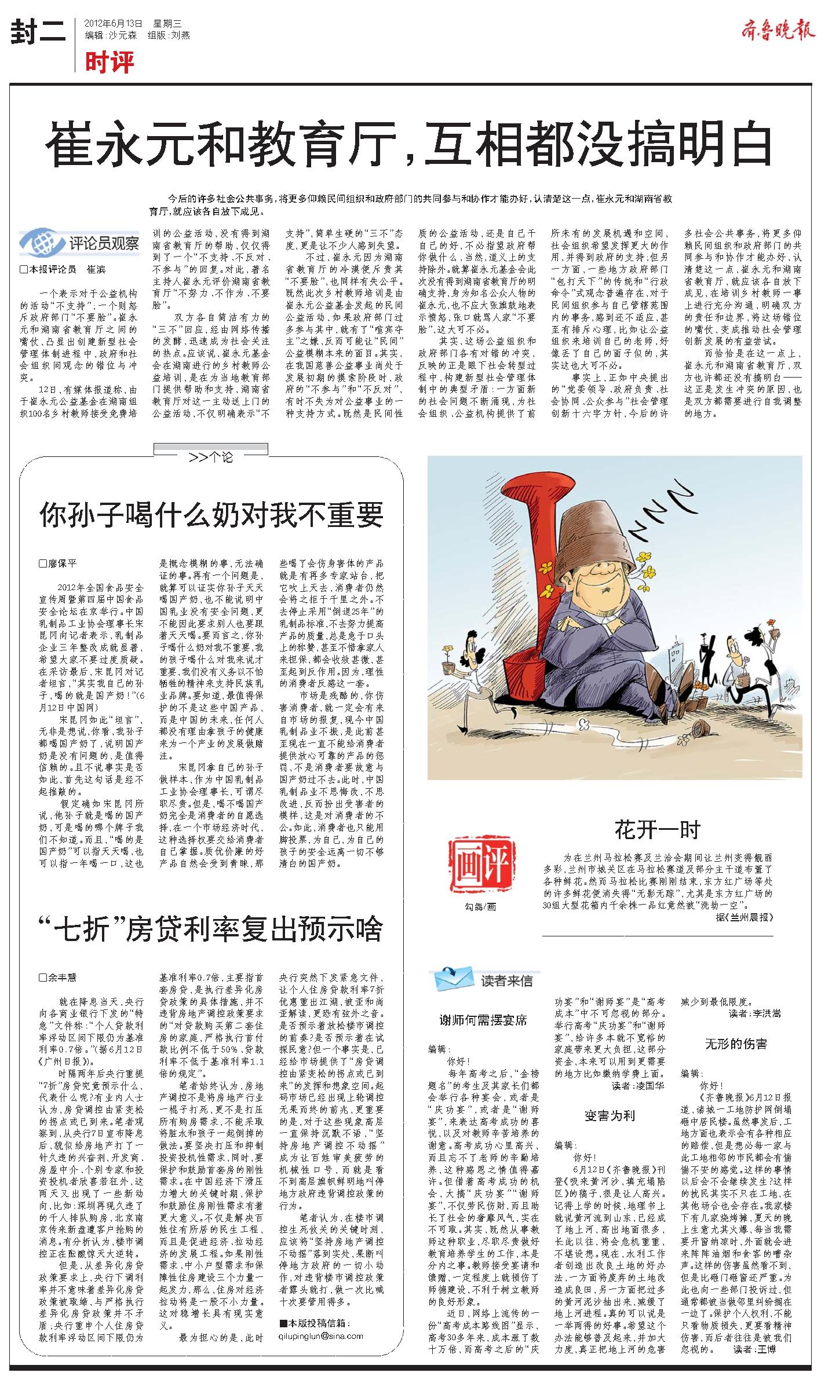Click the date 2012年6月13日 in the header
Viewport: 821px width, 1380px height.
tap(113, 24)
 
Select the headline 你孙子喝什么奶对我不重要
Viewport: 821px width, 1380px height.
tap(211, 514)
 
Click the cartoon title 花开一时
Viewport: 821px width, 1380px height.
tap(657, 829)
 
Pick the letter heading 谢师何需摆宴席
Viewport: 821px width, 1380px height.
tap(483, 1020)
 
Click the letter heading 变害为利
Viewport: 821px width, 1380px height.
tap(610, 1116)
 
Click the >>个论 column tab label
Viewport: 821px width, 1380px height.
tap(211, 457)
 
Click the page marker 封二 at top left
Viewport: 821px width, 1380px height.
tap(38, 34)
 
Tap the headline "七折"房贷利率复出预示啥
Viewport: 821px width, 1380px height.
tap(211, 929)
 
